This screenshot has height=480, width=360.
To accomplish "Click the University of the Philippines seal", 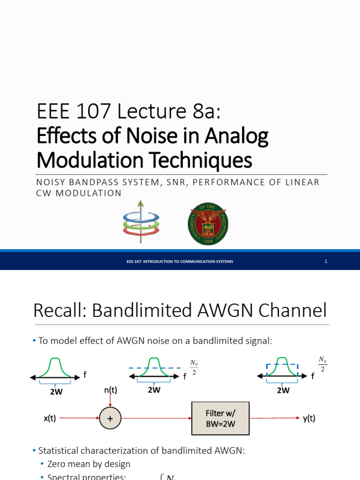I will (208, 220).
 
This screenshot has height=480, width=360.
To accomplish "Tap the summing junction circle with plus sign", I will (110, 418).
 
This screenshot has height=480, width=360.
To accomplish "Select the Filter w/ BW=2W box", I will (220, 418).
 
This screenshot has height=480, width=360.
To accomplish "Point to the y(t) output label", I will (309, 419).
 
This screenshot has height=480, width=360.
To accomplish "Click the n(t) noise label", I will (110, 390).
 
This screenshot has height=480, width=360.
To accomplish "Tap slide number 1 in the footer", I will (325, 261).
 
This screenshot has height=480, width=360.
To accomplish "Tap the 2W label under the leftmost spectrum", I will (56, 392).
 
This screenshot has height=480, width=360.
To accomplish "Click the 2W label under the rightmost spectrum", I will (282, 390).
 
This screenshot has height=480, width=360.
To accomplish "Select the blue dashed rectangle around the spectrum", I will (282, 370).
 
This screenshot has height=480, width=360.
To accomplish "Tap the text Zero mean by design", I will (89, 464).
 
